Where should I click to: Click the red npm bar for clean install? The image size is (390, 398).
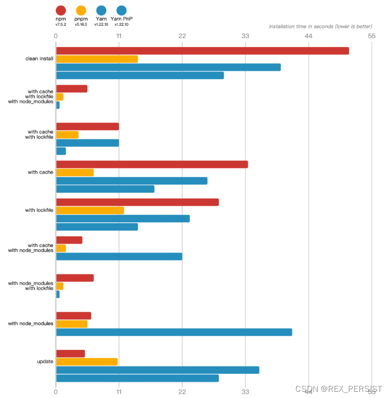tap(202, 51)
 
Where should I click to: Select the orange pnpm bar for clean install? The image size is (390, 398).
tap(97, 59)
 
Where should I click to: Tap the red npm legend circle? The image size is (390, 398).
tap(61, 10)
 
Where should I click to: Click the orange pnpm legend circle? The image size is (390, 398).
tap(81, 10)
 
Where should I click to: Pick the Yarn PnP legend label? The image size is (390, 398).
tap(122, 19)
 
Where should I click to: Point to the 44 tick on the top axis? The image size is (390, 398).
tap(308, 36)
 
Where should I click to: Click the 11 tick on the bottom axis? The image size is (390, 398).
tap(119, 392)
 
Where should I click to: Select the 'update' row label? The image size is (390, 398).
tap(45, 361)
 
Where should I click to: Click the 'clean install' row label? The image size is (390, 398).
tap(39, 59)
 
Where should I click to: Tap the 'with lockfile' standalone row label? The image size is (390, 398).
tap(39, 210)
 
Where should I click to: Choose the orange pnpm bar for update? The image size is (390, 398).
tap(87, 362)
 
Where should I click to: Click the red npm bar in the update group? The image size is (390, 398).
tap(70, 354)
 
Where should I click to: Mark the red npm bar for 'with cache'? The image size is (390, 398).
tap(152, 164)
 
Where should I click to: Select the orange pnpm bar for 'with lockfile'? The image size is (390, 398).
tap(90, 210)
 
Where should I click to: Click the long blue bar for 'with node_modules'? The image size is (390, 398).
tap(174, 332)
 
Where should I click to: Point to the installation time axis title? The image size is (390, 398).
tap(320, 26)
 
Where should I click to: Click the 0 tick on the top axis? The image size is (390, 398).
tap(56, 36)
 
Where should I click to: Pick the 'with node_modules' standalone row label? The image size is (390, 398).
tap(31, 324)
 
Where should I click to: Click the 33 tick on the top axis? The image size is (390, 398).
tap(245, 36)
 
